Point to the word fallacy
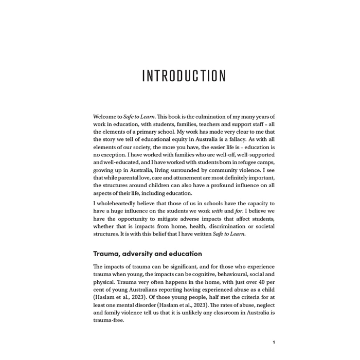coord(231,139)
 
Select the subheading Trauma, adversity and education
coord(147,254)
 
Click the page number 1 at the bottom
coord(274,342)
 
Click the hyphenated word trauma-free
coord(109,320)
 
